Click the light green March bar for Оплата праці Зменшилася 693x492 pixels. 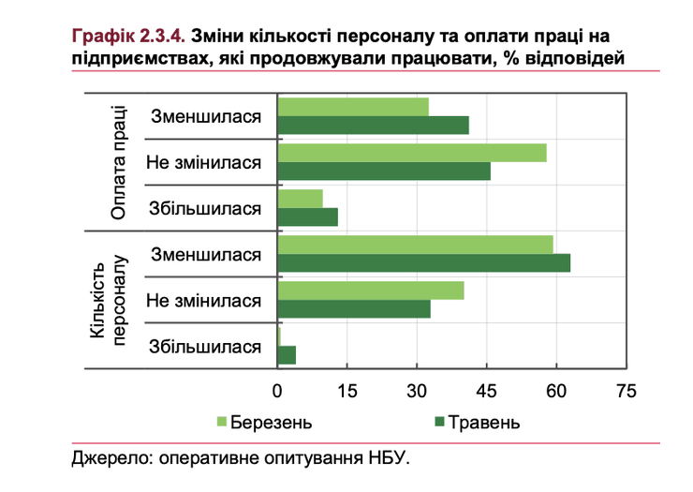[353, 106]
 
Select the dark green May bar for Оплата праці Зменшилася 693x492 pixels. [374, 125]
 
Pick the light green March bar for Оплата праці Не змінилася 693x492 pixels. [412, 153]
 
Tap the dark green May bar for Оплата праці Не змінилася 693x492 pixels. [384, 171]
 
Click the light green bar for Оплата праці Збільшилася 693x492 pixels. [301, 199]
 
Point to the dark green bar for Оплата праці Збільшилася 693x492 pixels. [308, 216]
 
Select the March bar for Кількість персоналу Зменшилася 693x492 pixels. [416, 245]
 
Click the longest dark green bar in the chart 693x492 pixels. [424, 262]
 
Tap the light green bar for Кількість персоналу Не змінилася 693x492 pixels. [371, 291]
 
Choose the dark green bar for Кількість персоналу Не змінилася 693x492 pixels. [354, 308]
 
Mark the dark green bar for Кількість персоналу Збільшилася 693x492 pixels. [288, 354]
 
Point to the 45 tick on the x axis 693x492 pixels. [487, 390]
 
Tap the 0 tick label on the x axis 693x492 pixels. [278, 390]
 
